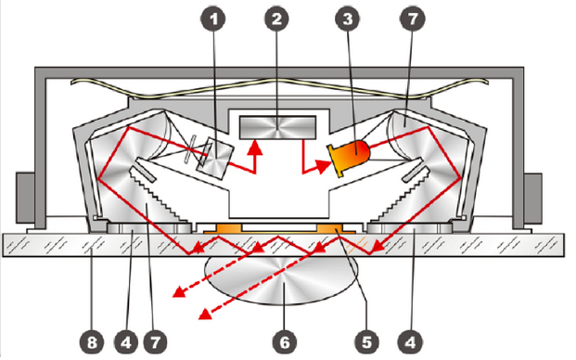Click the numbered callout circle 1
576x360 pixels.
tap(213, 19)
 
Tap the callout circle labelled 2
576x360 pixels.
tap(276, 19)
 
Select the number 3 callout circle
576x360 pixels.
tap(348, 19)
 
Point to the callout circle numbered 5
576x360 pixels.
tap(367, 342)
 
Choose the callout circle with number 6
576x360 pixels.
tap(285, 342)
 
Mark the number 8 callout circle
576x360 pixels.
tap(92, 342)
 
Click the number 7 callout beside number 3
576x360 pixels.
tap(412, 19)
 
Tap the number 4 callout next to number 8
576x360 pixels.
tap(126, 342)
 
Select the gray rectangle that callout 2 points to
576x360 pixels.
tap(277, 127)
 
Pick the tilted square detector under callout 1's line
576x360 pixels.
tap(215, 159)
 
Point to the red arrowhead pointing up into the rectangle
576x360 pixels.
tap(254, 148)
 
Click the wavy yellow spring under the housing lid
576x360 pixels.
tap(279, 88)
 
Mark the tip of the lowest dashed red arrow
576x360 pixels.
tap(201, 316)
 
